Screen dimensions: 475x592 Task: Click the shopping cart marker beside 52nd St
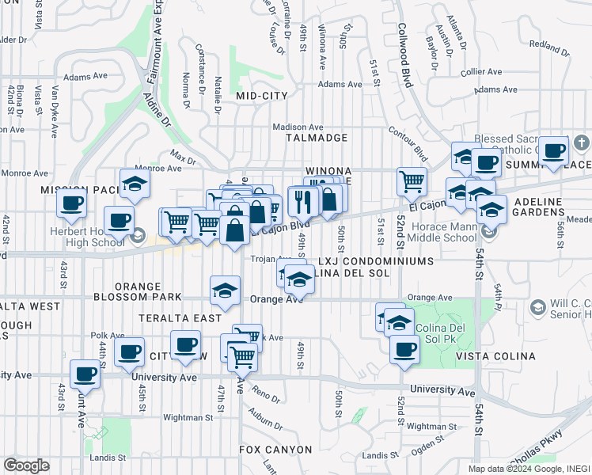pos(412,181)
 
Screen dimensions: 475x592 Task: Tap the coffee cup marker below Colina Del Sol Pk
pos(404,349)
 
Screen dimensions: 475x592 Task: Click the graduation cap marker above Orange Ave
pos(226,291)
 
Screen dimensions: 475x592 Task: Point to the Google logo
pos(26,465)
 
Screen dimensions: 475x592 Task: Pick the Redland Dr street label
pos(549,45)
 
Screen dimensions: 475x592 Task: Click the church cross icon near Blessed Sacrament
pos(582,143)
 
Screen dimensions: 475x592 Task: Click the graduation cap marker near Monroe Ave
pos(135,184)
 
